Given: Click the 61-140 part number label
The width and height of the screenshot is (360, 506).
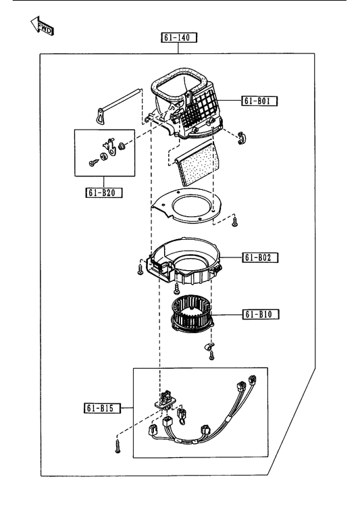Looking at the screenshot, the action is click(x=179, y=37).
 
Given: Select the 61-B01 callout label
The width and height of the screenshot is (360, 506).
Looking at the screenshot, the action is click(x=259, y=101).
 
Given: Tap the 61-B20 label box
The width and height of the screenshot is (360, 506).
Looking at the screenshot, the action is click(x=104, y=193).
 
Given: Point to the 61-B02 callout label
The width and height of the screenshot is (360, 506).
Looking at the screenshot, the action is click(x=260, y=257).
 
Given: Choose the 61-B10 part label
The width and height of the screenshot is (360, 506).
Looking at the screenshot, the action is click(x=261, y=314).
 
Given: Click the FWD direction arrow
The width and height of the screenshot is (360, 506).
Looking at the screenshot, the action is click(x=43, y=26).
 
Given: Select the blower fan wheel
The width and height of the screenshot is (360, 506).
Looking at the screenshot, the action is click(x=192, y=315).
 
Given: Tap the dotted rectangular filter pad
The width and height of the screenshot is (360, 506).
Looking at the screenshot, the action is click(x=198, y=164).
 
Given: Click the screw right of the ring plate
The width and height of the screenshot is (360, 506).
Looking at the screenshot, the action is click(x=235, y=222).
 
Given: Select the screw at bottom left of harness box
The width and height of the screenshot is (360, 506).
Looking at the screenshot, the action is click(x=118, y=446).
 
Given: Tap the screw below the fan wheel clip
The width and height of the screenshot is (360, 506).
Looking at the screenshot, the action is click(x=211, y=355).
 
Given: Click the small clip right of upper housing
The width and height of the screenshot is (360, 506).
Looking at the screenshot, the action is click(x=242, y=138).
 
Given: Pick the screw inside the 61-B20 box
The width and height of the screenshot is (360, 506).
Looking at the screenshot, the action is click(x=93, y=163).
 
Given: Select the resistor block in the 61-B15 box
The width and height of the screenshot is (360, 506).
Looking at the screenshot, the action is click(x=164, y=400).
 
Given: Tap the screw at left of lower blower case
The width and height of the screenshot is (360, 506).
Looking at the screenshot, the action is click(x=140, y=270).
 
